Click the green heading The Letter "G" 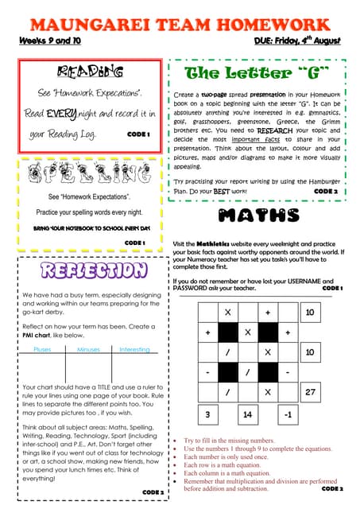257,74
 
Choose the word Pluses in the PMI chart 43,349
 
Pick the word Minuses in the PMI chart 88,349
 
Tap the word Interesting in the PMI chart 134,349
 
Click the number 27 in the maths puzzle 310,392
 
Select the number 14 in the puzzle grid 248,414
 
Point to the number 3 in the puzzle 207,414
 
